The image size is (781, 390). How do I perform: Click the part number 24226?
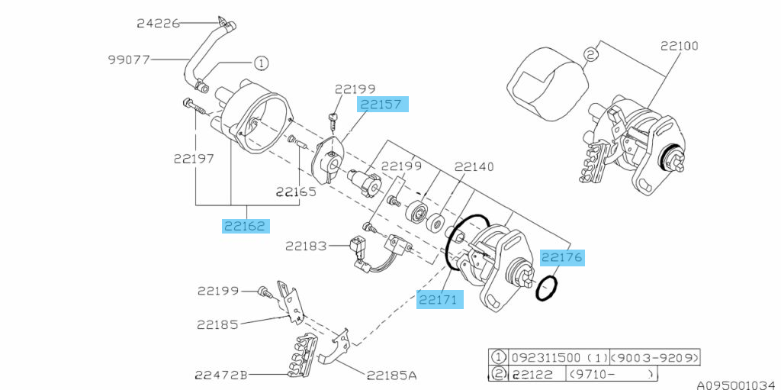[x=158, y=23]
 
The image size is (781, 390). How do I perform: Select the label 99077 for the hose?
[x=129, y=60]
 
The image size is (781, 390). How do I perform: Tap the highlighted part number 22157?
[x=381, y=105]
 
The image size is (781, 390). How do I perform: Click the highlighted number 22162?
[x=246, y=226]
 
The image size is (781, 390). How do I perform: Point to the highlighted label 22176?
[x=562, y=257]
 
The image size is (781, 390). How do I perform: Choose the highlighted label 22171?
[x=440, y=300]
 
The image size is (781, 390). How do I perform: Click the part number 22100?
[x=680, y=46]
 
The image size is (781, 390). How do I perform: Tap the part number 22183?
[x=307, y=246]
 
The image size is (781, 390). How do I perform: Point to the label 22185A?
[x=392, y=375]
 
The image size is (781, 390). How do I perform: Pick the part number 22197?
[x=194, y=159]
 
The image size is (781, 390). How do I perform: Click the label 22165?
[x=297, y=192]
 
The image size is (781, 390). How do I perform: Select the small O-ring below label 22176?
[x=546, y=288]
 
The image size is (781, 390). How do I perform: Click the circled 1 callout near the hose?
[x=261, y=63]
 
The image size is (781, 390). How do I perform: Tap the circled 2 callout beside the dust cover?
[x=590, y=55]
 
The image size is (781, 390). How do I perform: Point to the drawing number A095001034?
[x=738, y=385]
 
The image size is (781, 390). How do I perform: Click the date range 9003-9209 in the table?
[x=654, y=358]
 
